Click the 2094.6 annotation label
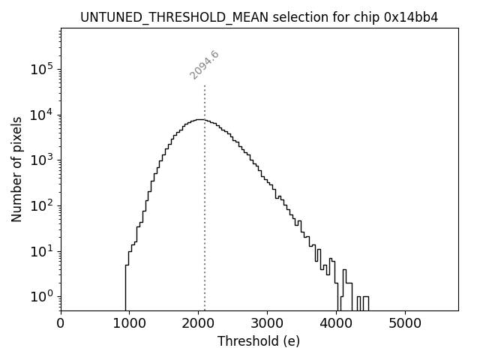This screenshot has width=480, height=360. pos(204,65)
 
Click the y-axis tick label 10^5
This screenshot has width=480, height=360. pos(40,70)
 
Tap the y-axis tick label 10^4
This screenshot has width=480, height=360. pos(40,115)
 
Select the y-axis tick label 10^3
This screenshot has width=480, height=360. pos(40,160)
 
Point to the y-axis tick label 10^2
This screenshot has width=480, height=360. pos(40,205)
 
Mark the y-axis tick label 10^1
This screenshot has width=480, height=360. pos(40,251)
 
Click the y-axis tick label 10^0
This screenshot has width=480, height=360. pos(40,296)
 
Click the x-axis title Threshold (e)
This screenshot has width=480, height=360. pos(259,342)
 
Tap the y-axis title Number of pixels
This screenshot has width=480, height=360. pos(16,169)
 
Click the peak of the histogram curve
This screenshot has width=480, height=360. pos(199,119)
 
